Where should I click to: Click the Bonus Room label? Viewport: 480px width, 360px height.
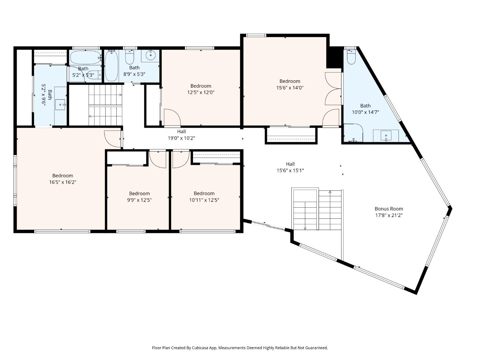(389, 209)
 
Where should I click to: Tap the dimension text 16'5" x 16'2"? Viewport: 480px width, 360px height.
(63, 182)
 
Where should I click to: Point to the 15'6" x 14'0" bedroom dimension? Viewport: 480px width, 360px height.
(290, 88)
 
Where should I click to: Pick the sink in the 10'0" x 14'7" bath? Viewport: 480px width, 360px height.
(386, 136)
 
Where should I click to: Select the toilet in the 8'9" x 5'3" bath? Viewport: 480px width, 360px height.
(130, 58)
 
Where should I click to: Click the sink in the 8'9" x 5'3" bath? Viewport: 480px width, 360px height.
(150, 56)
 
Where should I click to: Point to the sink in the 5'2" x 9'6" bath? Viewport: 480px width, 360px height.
(60, 104)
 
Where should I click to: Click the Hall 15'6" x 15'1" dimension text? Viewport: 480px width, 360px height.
(290, 171)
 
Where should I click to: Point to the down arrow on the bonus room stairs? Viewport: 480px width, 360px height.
(305, 228)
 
